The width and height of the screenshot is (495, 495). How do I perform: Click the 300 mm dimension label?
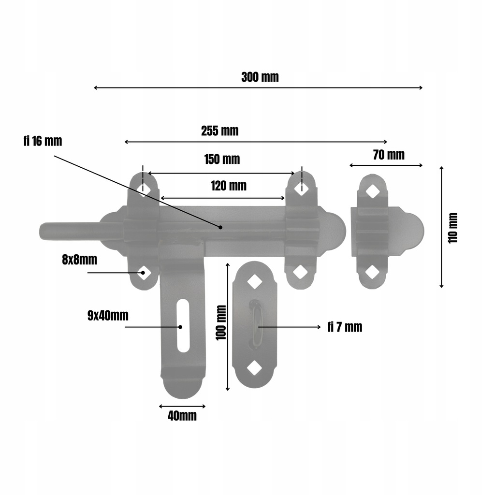coord(260,77)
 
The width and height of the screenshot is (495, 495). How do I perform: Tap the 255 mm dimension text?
coord(220,131)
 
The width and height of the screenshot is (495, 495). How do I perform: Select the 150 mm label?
coord(222,160)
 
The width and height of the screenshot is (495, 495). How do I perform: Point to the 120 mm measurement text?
coord(229,186)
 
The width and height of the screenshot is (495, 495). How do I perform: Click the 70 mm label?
coord(389,155)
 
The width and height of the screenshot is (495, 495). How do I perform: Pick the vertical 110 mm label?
coord(452,228)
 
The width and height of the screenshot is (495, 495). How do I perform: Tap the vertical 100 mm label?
coord(221,322)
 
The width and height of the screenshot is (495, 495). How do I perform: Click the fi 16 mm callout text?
coord(43,141)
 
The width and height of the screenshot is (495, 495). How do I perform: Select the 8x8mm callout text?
coord(80,260)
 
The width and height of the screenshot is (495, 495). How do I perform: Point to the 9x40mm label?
coord(108,316)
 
